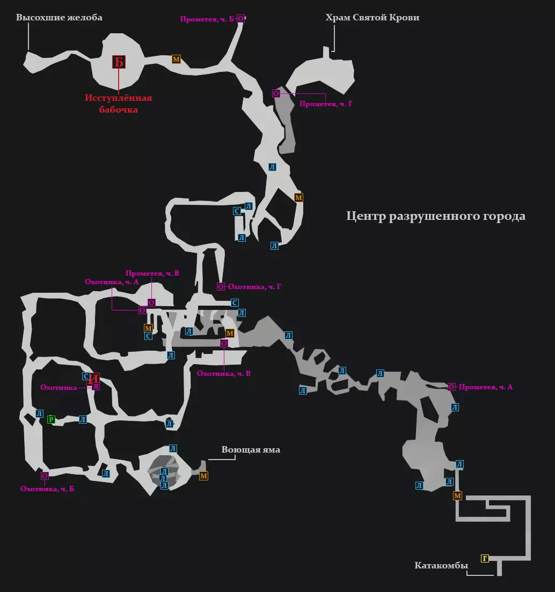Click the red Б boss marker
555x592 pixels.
(x=119, y=62)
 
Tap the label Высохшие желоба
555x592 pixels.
(x=59, y=18)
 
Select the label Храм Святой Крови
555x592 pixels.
(x=372, y=18)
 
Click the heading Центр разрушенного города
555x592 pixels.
(x=435, y=216)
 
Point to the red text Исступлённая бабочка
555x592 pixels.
(x=119, y=104)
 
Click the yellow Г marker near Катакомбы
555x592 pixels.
(x=485, y=558)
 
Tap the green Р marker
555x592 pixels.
(x=52, y=419)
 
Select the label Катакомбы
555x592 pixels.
(x=441, y=566)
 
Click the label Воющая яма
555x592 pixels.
(x=251, y=450)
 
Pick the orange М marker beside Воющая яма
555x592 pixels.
(x=203, y=476)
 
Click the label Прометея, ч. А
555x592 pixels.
(x=486, y=387)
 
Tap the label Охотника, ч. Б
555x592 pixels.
(x=47, y=489)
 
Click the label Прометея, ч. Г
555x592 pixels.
(x=326, y=104)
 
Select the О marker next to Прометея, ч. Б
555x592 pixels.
(x=240, y=19)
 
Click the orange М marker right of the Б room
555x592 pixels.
(x=176, y=60)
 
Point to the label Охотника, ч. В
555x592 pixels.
(x=224, y=374)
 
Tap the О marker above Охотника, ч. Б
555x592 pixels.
(x=45, y=476)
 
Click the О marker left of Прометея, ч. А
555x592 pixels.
(x=451, y=387)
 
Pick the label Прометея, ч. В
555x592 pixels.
(x=152, y=273)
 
